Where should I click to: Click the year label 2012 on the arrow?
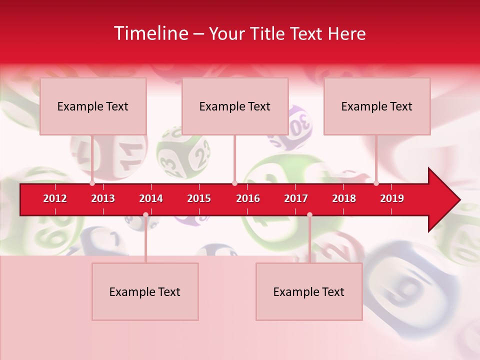click(x=55, y=198)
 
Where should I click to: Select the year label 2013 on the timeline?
click(x=103, y=198)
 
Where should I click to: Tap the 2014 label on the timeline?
click(x=151, y=198)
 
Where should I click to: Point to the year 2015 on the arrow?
click(x=199, y=198)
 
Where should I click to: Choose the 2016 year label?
click(x=248, y=198)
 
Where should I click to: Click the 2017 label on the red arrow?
click(x=296, y=198)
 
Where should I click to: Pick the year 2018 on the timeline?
click(x=344, y=198)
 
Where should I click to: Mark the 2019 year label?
click(x=392, y=198)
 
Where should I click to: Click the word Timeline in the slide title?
click(x=150, y=33)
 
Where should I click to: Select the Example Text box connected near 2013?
click(x=93, y=106)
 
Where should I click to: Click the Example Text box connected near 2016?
click(x=235, y=106)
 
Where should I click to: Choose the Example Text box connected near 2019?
click(x=377, y=106)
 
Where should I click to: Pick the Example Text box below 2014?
click(x=145, y=291)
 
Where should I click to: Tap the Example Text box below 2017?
click(x=309, y=291)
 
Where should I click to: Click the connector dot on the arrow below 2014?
click(x=145, y=214)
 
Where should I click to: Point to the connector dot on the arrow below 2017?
click(x=309, y=214)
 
